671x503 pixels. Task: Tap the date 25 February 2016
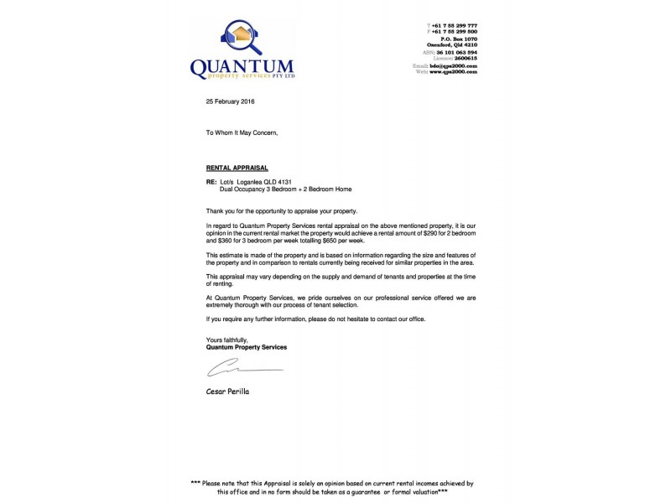(230, 101)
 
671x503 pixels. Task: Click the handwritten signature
(244, 369)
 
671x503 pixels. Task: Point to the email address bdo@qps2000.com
(453, 65)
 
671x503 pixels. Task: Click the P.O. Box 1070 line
(459, 39)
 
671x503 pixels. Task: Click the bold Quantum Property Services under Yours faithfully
(247, 346)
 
